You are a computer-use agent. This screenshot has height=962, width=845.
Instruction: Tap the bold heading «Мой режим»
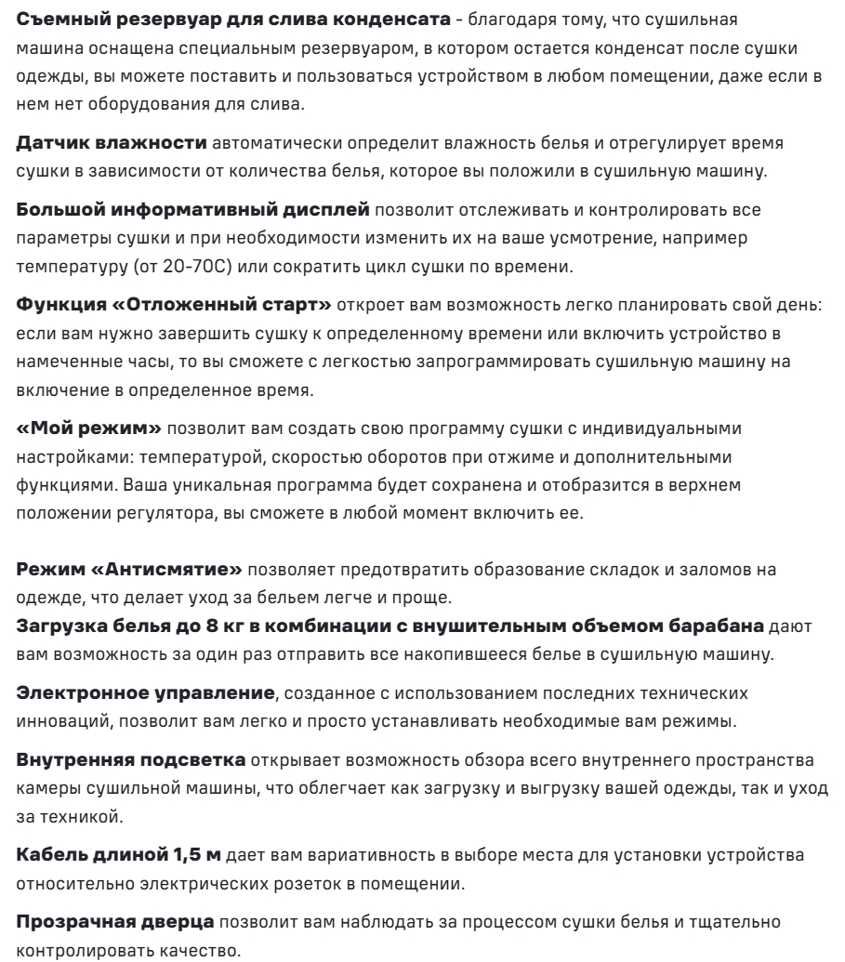pos(77,431)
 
